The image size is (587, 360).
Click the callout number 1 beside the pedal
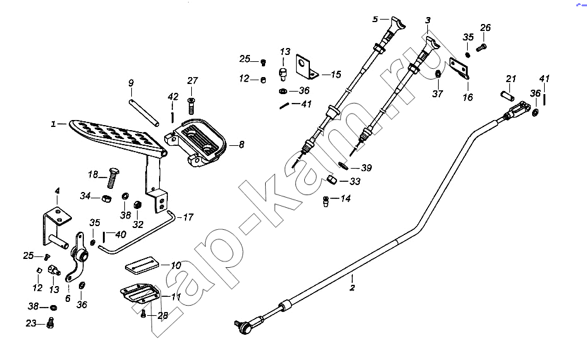(x=53, y=124)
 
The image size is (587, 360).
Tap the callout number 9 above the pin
(x=131, y=83)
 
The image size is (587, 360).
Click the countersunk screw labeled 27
(x=191, y=104)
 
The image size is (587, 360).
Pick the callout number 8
(x=242, y=144)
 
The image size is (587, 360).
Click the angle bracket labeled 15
(x=307, y=67)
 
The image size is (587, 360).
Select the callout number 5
(x=375, y=19)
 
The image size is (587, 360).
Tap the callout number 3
(x=428, y=20)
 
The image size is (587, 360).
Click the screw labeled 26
(x=482, y=47)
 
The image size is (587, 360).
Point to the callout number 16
(x=468, y=97)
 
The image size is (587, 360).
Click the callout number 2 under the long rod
(x=352, y=288)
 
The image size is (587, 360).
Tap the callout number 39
(x=367, y=168)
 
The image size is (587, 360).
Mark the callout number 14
(x=345, y=198)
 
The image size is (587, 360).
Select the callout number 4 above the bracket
(x=57, y=191)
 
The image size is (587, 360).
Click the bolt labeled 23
(x=50, y=323)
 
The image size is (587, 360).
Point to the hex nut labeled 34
(x=106, y=198)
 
